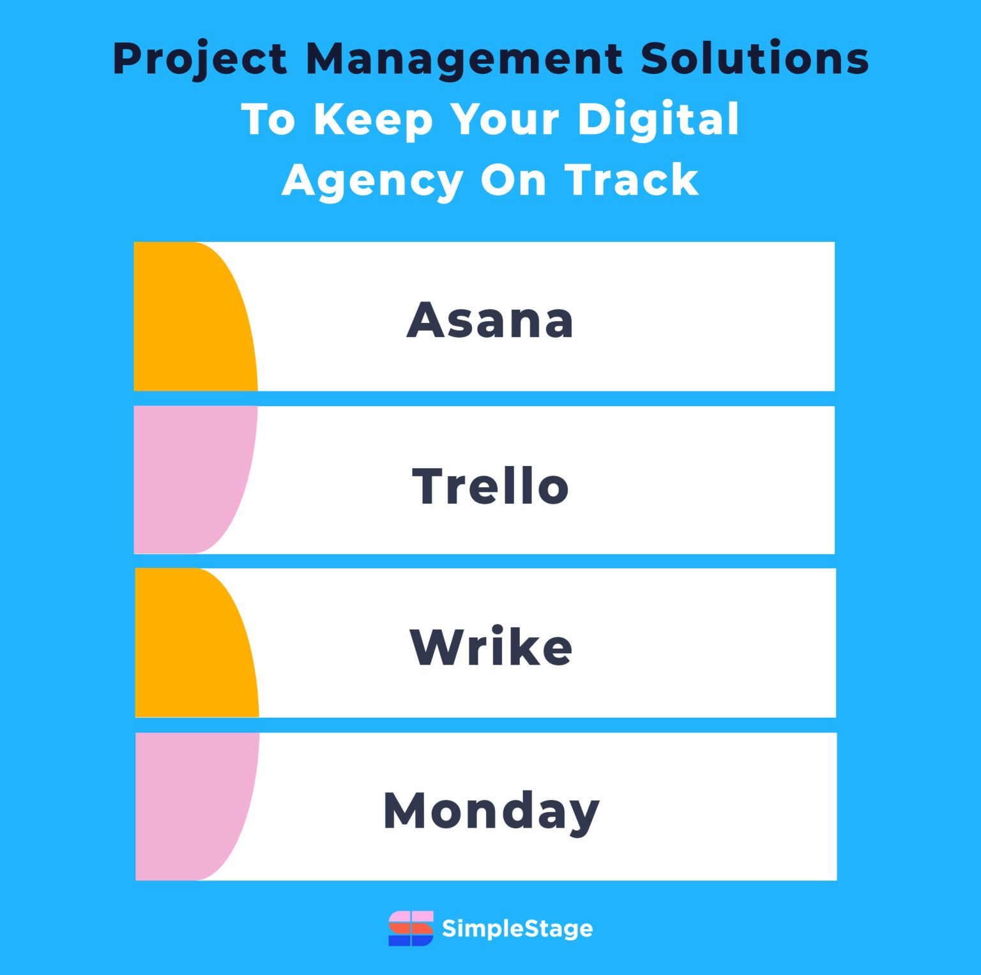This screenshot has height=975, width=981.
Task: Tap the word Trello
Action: point(490,486)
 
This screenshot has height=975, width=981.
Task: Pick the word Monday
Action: point(490,811)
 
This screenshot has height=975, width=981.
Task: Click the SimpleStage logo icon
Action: point(411,928)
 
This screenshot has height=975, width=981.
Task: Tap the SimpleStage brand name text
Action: point(517,928)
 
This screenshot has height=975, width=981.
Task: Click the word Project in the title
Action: point(200,59)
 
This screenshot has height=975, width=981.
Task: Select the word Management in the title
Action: point(464,59)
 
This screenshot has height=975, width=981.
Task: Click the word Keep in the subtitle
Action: point(373,119)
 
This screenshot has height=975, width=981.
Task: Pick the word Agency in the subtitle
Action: point(372,181)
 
